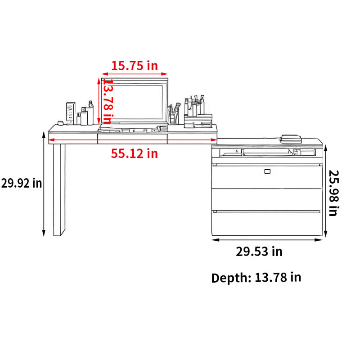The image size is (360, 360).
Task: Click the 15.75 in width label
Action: pyautogui.click(x=135, y=66)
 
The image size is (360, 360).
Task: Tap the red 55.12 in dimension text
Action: pyautogui.click(x=135, y=153)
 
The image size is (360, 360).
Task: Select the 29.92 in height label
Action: pyautogui.click(x=22, y=183)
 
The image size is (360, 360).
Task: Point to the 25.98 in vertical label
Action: pyautogui.click(x=333, y=193)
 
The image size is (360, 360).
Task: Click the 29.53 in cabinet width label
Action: pyautogui.click(x=259, y=252)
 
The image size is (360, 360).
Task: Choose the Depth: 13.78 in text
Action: pyautogui.click(x=256, y=277)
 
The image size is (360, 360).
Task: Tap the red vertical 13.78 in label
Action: pyautogui.click(x=107, y=101)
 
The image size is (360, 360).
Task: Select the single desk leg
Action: pyautogui.click(x=59, y=189)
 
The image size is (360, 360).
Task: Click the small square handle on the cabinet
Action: pyautogui.click(x=267, y=171)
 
